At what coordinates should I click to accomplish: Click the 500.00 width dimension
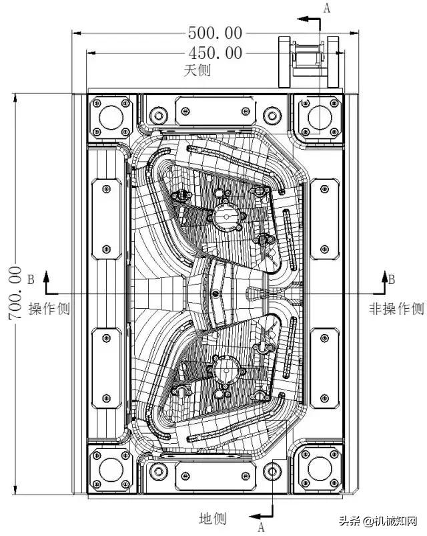[x=215, y=32]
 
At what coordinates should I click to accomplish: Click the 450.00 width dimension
[x=215, y=52]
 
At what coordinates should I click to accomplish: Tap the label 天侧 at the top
[x=197, y=70]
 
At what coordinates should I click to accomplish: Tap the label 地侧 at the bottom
[x=213, y=518]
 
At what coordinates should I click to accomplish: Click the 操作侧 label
[x=49, y=309]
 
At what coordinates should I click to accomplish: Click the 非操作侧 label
[x=396, y=309]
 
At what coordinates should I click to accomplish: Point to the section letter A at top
[x=326, y=8]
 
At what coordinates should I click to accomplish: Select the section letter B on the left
[x=31, y=279]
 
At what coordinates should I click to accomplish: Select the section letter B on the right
[x=392, y=279]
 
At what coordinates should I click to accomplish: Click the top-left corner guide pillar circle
[x=111, y=118]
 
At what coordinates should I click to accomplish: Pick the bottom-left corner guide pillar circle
[x=111, y=471]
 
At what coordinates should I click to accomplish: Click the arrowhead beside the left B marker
[x=45, y=275]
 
